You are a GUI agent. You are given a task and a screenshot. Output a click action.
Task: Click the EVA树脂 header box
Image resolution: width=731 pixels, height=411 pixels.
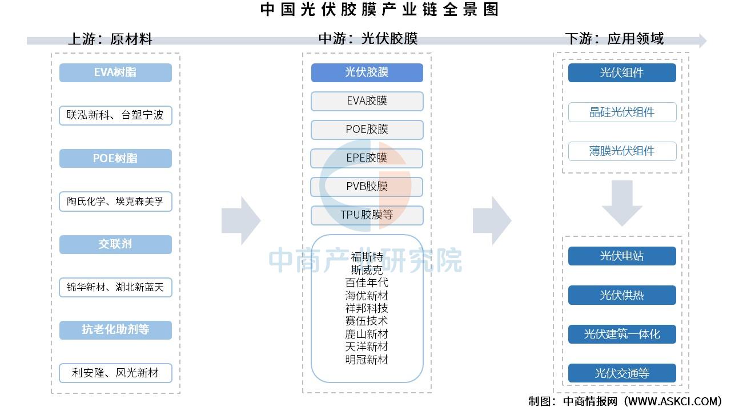[115, 72]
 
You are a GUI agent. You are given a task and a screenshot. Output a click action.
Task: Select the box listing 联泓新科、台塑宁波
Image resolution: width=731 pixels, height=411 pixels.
[115, 115]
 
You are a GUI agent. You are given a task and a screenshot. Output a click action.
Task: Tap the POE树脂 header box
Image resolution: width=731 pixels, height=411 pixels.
[115, 158]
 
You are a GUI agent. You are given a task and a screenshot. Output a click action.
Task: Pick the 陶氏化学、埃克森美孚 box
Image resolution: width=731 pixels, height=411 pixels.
[115, 202]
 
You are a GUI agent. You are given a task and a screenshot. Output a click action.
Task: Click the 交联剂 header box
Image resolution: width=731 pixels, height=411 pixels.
[115, 244]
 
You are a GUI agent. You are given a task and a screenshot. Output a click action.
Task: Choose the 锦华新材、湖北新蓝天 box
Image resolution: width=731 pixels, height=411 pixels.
[115, 287]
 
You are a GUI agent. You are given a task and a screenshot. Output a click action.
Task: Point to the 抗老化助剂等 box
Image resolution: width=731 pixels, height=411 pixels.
[115, 330]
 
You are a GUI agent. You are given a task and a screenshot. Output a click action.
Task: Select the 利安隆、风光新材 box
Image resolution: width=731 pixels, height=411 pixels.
[115, 373]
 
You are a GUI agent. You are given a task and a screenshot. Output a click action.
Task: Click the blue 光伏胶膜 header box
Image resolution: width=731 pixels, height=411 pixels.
[367, 72]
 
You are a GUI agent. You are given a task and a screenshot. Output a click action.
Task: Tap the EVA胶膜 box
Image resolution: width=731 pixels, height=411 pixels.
[367, 101]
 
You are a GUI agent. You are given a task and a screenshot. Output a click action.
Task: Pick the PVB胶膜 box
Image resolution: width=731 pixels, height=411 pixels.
[367, 187]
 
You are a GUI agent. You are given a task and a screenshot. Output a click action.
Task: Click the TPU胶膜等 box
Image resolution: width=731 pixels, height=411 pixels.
[367, 215]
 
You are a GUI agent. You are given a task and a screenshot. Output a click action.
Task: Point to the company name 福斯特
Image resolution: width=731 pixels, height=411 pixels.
[367, 257]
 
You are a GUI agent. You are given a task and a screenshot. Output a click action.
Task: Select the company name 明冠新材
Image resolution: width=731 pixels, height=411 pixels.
[367, 360]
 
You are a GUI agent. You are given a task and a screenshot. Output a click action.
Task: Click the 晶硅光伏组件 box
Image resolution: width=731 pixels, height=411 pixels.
[622, 112]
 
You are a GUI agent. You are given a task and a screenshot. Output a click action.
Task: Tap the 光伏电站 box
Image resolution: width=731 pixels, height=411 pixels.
[622, 256]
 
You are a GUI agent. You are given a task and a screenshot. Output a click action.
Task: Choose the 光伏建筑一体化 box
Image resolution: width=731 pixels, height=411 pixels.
[622, 334]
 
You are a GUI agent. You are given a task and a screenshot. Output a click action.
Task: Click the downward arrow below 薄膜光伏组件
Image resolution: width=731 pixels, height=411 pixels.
[622, 203]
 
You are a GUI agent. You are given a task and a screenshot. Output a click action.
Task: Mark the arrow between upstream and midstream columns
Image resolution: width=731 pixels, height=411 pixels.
[241, 220]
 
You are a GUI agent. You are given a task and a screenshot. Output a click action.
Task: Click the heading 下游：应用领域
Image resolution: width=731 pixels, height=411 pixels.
[614, 38]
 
